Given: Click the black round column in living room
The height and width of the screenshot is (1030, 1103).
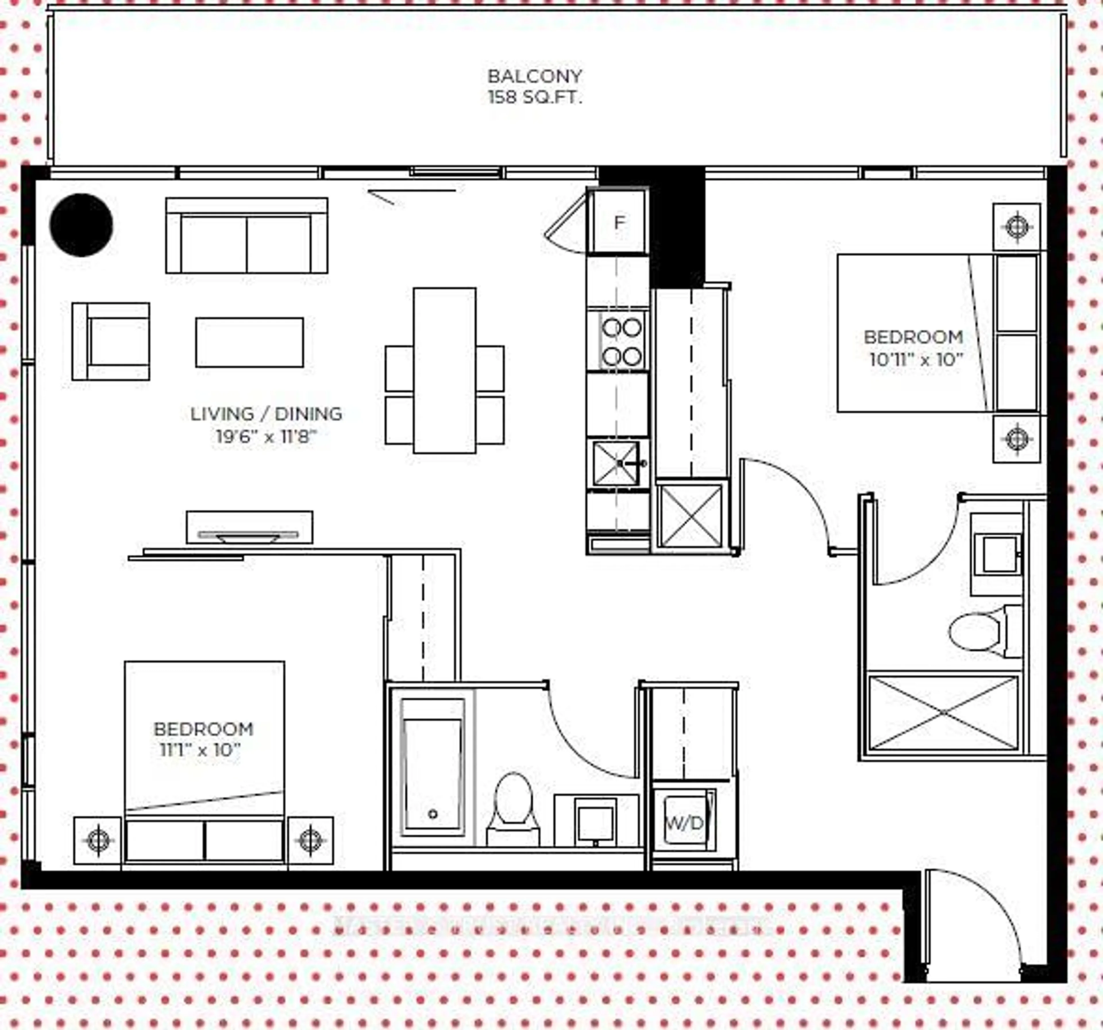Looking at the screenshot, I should coord(82,225).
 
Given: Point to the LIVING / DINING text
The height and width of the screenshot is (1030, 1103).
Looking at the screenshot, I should coord(266,414).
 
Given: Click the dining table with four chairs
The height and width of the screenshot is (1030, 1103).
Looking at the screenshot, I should coord(444,370).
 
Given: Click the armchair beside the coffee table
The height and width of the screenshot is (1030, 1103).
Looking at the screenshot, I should coord(111,341).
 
